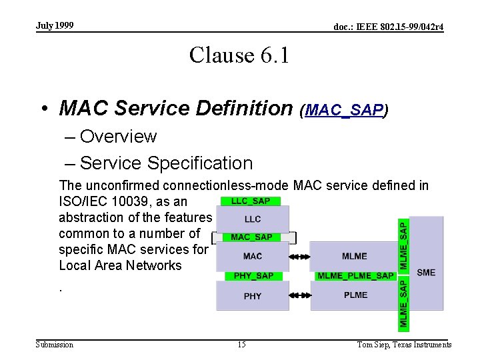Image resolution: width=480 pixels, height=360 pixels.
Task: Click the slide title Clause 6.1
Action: point(239,55)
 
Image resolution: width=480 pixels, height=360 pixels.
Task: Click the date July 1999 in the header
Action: point(55,26)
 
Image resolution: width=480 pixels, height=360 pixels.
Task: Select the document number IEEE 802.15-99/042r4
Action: point(389,27)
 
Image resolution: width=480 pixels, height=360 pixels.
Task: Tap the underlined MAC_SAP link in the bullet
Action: point(344,110)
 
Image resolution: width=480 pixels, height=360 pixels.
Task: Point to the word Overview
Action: point(118,137)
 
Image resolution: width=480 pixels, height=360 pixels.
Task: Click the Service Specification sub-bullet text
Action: point(166,163)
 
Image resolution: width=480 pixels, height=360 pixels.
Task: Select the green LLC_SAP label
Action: point(251,201)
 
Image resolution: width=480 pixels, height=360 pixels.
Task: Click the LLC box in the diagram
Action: point(253,219)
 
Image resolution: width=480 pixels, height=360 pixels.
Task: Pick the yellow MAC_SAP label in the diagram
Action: point(251,237)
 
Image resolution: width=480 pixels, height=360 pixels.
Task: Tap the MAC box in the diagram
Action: point(253,256)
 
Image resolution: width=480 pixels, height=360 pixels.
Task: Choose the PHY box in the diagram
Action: point(253,296)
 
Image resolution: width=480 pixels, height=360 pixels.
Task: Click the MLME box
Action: point(355,256)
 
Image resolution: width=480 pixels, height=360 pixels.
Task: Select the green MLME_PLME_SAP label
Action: point(355,275)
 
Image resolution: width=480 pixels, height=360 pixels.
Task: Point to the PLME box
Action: point(355,295)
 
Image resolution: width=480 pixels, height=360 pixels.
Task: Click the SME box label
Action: point(426,272)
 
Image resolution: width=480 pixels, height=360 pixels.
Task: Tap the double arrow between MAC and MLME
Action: point(300,256)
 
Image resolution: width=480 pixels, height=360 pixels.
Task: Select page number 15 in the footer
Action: point(241,345)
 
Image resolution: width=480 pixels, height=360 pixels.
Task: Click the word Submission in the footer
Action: point(55,345)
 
